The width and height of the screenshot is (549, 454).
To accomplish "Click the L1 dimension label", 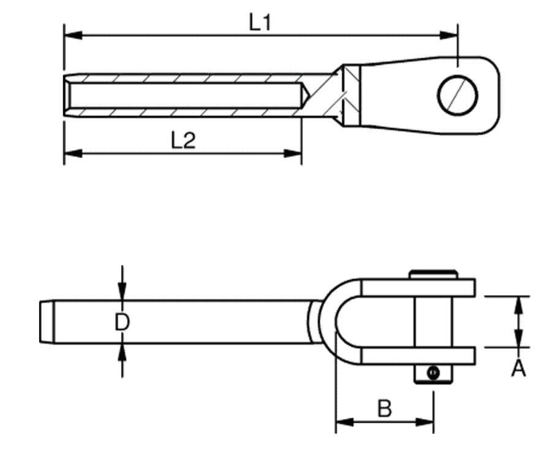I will [260, 23].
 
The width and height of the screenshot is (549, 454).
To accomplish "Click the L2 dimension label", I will [183, 141].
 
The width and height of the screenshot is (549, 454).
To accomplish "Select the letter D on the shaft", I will [123, 322].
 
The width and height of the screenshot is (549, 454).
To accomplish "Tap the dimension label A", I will [518, 368].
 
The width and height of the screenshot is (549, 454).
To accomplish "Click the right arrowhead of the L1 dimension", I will [451, 36].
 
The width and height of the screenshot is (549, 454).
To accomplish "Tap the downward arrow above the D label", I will [123, 294].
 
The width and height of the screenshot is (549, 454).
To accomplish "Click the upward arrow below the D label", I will [123, 351].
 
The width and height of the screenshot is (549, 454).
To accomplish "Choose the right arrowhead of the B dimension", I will [427, 422].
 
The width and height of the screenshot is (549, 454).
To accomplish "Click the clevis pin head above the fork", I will [434, 274].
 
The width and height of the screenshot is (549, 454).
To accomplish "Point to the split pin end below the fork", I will [434, 374].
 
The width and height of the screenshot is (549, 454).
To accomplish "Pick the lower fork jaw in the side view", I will [417, 356].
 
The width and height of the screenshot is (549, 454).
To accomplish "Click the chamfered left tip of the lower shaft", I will [45, 321].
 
